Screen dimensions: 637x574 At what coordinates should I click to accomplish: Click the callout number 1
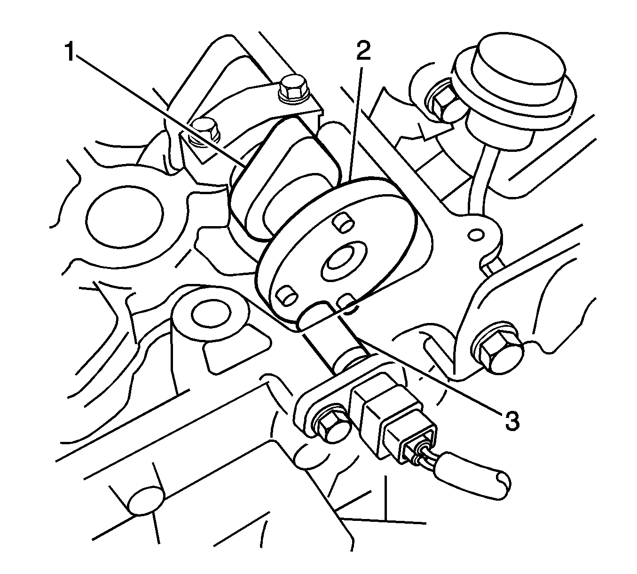[71, 52]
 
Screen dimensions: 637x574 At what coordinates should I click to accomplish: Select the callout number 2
[363, 50]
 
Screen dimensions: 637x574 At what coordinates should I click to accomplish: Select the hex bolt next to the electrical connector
[331, 425]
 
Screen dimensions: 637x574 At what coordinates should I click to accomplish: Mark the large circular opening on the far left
[125, 214]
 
